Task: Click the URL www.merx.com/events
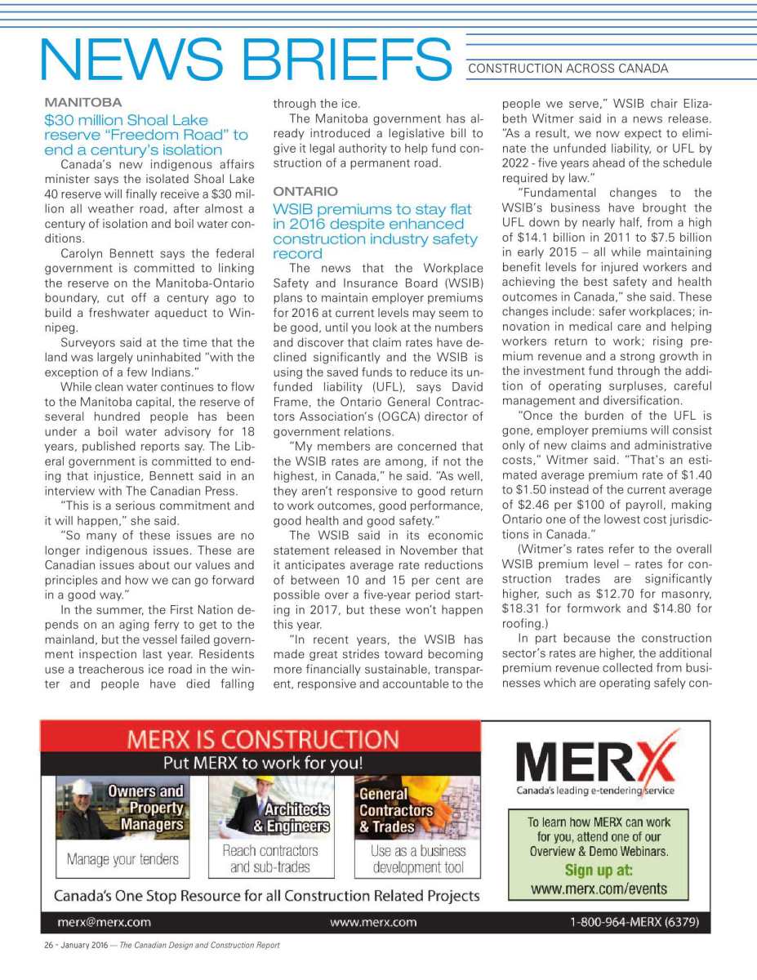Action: point(598,889)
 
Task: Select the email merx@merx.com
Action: point(105,922)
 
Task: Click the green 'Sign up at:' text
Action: point(598,869)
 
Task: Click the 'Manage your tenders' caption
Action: point(122,859)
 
